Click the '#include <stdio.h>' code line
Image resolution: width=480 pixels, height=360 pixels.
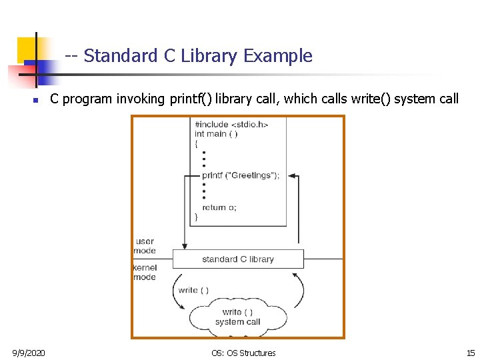(231, 125)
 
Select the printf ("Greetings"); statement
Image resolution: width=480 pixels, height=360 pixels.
(241, 175)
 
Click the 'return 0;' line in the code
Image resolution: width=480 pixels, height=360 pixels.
(219, 207)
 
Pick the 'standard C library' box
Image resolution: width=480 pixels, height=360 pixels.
(238, 259)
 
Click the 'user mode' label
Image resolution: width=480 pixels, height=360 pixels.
(145, 246)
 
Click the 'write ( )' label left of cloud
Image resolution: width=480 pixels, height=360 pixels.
(193, 290)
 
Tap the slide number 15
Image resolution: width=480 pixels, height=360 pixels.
(471, 353)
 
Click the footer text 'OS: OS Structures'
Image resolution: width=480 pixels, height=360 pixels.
(243, 353)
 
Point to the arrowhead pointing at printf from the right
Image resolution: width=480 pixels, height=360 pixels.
(293, 176)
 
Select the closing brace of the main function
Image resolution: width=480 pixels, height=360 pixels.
(196, 217)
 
